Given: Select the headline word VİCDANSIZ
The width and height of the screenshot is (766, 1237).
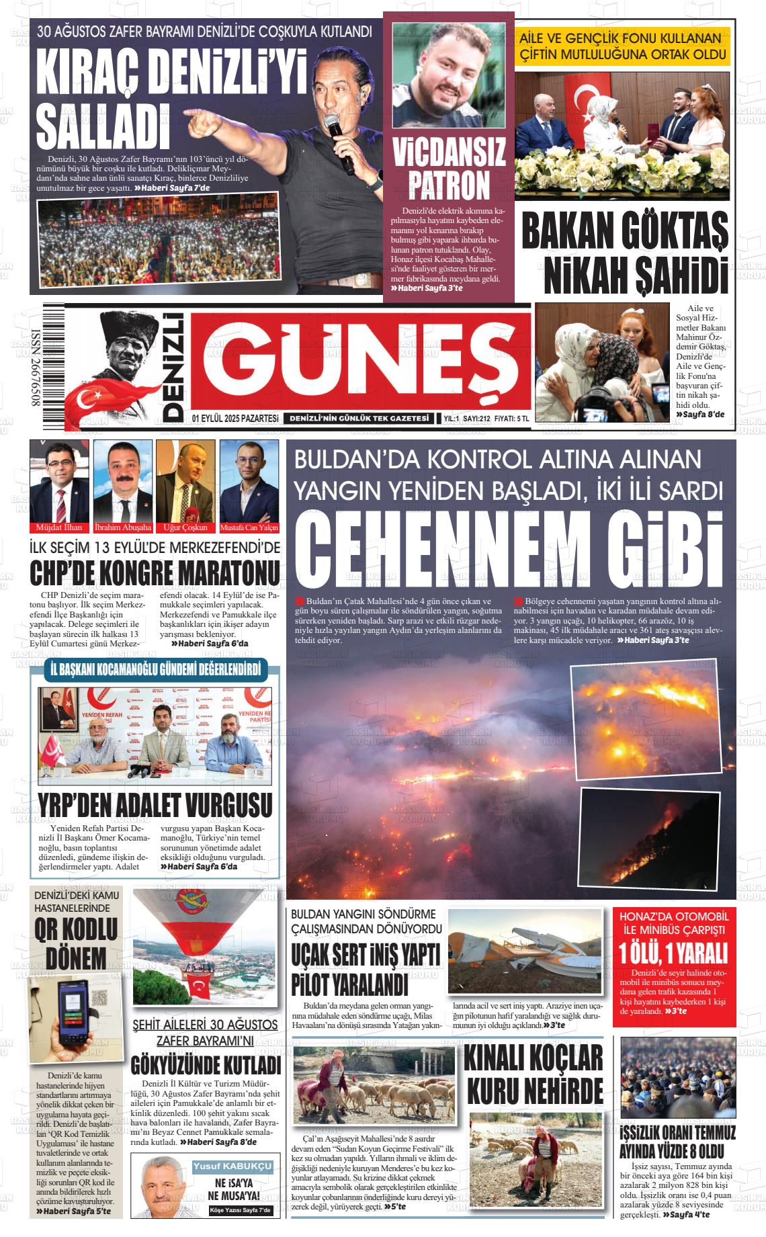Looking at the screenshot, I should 448,153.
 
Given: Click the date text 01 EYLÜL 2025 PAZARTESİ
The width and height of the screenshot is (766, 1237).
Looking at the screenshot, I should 235,418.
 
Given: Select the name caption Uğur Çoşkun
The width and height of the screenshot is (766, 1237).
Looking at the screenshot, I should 184,527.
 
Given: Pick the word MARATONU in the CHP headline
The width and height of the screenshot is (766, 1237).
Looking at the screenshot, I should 228,573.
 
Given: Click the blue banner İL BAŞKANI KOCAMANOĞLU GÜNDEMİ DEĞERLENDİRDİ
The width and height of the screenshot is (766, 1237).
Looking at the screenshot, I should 155,669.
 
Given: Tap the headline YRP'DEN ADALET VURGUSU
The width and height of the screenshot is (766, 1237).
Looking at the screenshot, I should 155,804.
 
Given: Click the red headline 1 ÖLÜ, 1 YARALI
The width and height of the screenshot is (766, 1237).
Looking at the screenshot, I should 674,953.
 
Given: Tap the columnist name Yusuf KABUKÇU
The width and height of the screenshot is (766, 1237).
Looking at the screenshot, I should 232,1166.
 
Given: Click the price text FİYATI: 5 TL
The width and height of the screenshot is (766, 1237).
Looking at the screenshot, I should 511,419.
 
